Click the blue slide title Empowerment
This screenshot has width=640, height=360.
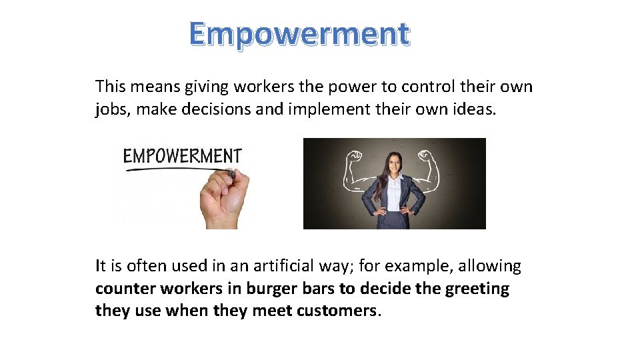(x=299, y=33)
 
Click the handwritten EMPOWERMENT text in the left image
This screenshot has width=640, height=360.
(x=181, y=156)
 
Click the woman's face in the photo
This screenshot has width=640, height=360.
(x=393, y=165)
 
